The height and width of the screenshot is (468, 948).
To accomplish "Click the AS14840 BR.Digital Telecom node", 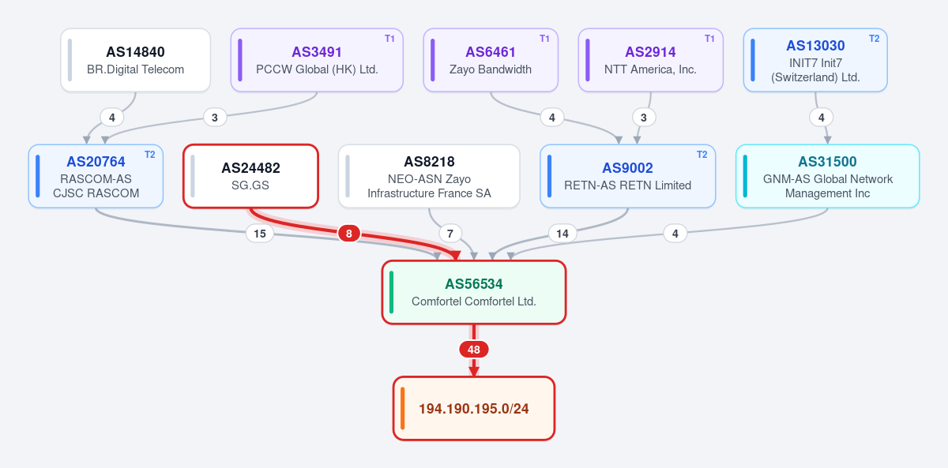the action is coord(135,60).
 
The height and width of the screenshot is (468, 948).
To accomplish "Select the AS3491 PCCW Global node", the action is coord(317,60).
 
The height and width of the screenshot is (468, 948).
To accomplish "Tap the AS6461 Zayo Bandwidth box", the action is coord(491,60).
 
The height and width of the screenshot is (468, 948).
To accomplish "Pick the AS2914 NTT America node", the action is coord(650,60).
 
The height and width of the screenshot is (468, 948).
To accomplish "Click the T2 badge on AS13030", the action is coord(874,39).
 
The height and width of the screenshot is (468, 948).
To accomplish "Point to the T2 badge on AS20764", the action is coord(150,155).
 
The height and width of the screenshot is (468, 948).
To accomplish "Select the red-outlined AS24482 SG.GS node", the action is coord(250,176).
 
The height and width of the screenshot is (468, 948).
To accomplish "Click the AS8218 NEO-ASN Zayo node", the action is coord(429,176).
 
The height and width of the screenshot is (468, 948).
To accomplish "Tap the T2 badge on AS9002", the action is coord(702,155).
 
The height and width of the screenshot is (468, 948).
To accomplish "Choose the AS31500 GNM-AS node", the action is coord(827,176).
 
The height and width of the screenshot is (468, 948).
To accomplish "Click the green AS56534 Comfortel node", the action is coord(473,293).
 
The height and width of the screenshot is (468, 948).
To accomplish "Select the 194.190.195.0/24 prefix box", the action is coord(473,408).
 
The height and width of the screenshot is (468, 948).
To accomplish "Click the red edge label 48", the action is coord(473,350).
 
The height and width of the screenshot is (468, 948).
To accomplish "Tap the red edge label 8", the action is coord(348,234).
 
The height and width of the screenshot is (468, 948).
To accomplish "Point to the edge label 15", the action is coord(259,234).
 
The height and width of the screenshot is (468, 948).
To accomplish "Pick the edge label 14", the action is coord(562,234).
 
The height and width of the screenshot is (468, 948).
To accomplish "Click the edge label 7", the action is coord(450,234).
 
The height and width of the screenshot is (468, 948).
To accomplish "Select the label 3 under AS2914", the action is coord(644,118).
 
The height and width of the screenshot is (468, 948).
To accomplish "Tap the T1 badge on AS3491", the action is coord(389,39).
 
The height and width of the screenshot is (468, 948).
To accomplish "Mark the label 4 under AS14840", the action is coord(111,118).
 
